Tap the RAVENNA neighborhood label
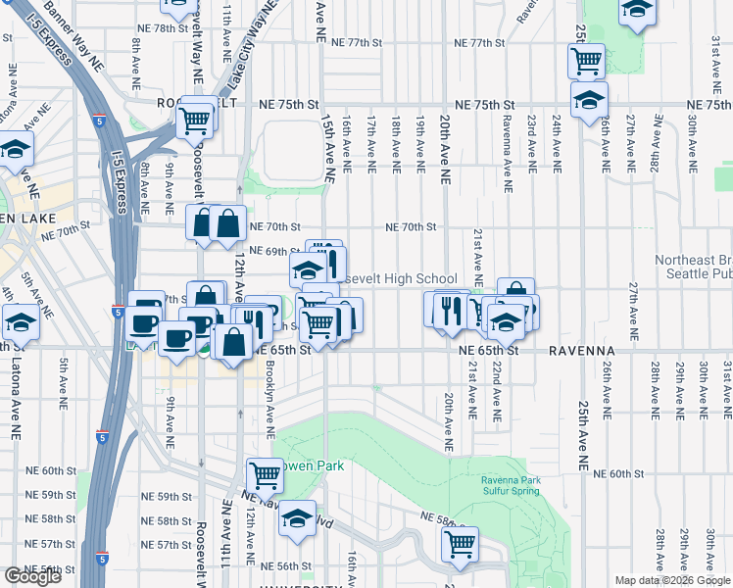pyautogui.click(x=581, y=350)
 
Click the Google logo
pyautogui.click(x=32, y=576)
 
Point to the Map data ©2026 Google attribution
pyautogui.click(x=673, y=580)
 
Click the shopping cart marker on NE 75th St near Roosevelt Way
pyautogui.click(x=196, y=121)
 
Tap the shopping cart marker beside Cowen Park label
pyautogui.click(x=265, y=476)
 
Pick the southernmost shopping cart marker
pyautogui.click(x=459, y=543)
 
